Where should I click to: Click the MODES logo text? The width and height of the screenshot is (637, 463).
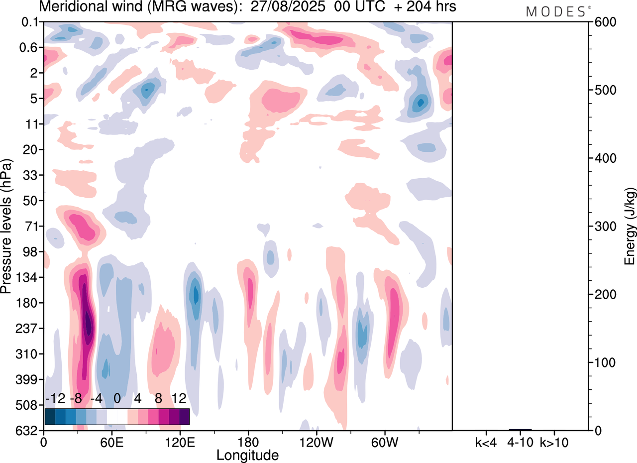555,12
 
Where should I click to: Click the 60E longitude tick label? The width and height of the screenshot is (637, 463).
111,441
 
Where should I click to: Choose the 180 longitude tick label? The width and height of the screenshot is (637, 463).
248,441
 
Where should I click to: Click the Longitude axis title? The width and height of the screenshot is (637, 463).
247,455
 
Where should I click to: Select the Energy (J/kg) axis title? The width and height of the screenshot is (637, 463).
631,227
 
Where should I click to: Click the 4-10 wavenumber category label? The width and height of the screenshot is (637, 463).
520,441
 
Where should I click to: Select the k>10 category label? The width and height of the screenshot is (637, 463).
554,441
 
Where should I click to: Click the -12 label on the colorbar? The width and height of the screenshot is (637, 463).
55,399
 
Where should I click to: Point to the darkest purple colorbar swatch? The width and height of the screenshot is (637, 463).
184,416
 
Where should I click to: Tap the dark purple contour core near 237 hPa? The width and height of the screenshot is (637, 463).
89,324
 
